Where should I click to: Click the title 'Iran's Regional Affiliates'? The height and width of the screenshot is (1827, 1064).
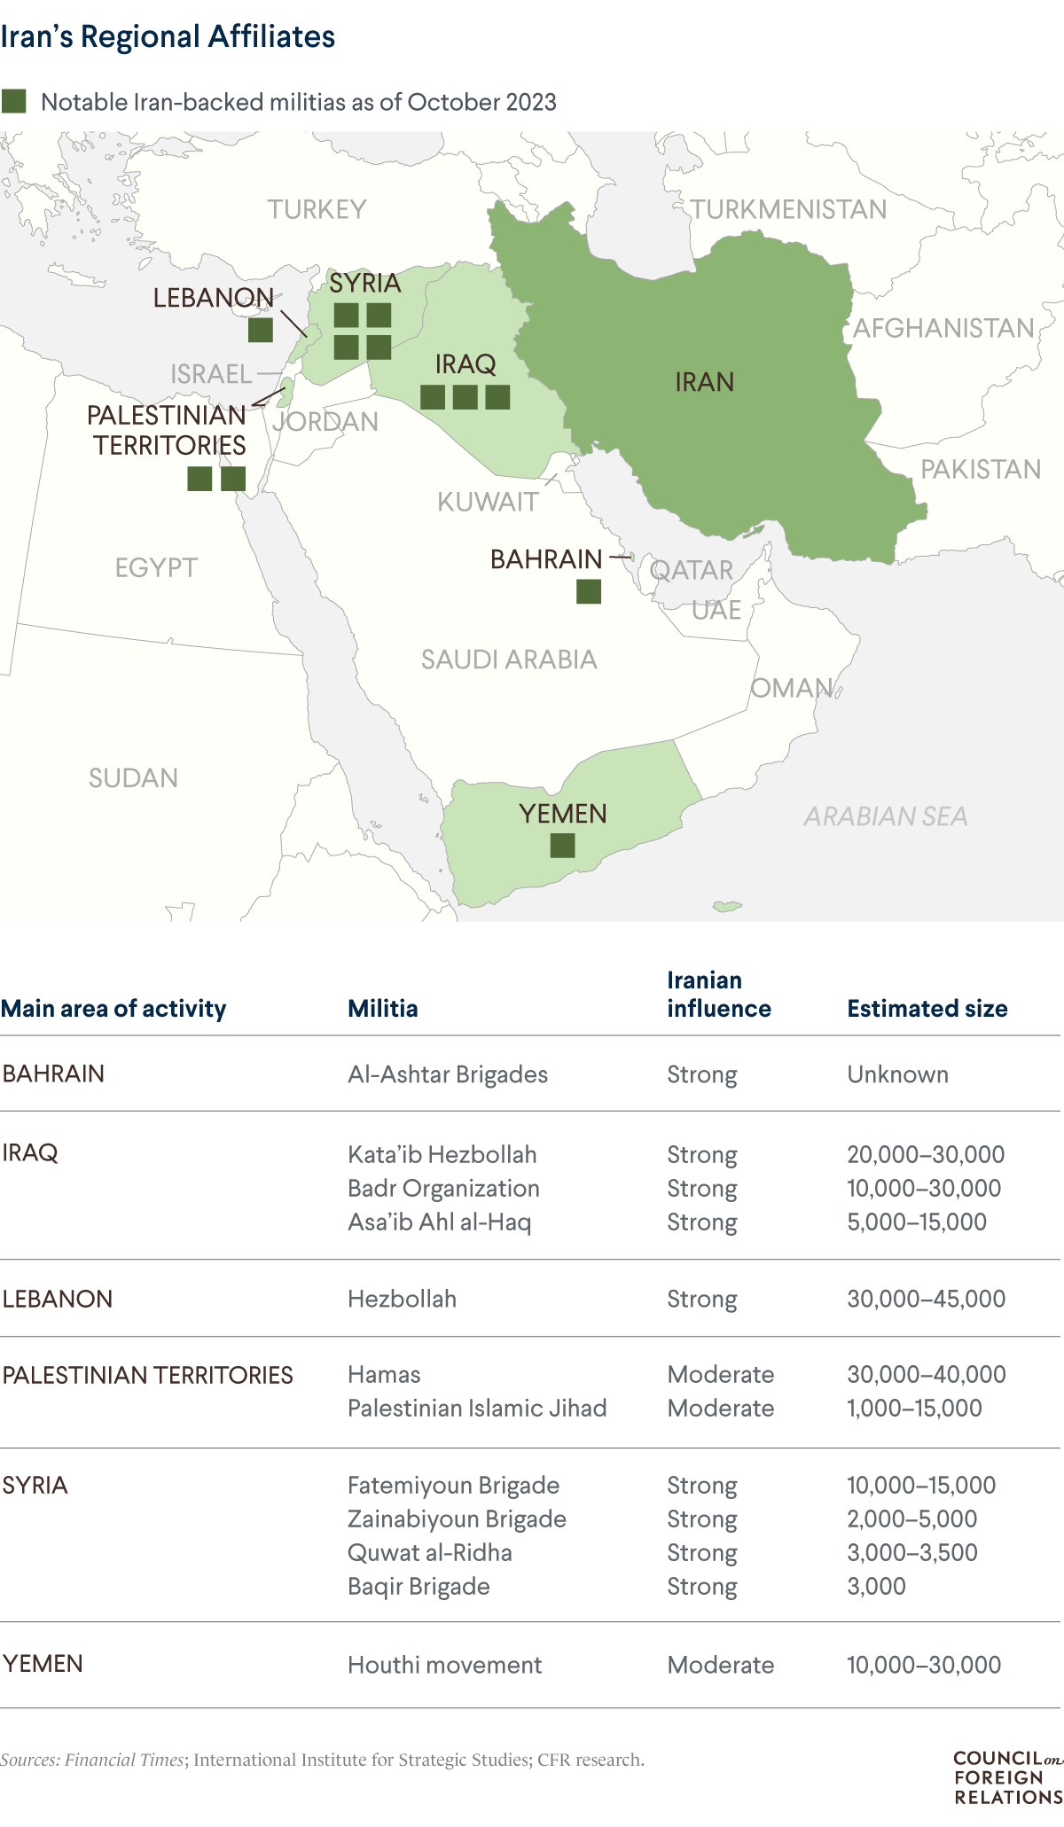point(168,37)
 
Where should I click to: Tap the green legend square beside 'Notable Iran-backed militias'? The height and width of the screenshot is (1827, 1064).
point(14,101)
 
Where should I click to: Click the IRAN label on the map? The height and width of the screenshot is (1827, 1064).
point(705,382)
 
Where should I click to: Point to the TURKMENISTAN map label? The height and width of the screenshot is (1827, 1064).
point(788,209)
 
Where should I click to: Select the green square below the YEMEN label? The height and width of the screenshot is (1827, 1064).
point(562,846)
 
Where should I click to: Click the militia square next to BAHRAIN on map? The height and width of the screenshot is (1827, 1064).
point(589,591)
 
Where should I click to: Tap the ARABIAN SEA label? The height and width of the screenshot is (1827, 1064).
point(885,816)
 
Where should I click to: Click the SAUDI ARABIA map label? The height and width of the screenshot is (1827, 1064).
point(509,660)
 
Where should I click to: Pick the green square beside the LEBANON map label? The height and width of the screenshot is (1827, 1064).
point(260,331)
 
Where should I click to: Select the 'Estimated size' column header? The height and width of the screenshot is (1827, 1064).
point(927,1009)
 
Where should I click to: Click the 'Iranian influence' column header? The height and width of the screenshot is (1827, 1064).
point(718,995)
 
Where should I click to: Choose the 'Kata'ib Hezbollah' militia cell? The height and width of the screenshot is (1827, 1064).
point(442,1154)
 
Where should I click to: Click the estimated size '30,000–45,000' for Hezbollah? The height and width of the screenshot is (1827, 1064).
point(926,1299)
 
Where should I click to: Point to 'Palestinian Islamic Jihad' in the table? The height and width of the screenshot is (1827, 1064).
point(477,1408)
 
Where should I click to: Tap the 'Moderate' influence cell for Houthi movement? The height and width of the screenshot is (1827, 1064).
point(720,1665)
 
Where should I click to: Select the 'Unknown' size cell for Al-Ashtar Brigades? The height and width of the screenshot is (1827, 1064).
point(897,1074)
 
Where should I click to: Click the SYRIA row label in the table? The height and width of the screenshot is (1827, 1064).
point(35,1485)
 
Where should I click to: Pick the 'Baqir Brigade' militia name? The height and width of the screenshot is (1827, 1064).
point(419,1586)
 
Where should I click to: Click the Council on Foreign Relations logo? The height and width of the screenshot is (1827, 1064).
point(1007,1777)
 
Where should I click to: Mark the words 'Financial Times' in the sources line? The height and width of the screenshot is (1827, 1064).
point(124,1760)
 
